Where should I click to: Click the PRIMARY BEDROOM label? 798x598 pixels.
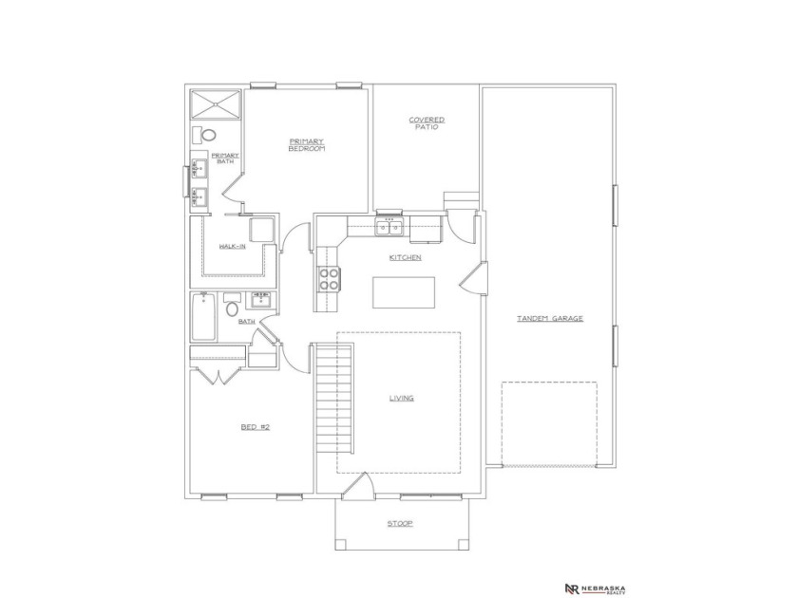pos(307,145)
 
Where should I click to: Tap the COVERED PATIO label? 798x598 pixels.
pos(427,123)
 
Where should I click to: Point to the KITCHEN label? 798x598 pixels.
pos(405,257)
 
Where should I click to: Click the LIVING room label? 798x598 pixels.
pos(401,398)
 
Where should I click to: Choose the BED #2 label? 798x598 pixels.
pos(256,427)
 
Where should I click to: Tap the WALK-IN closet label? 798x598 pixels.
pos(232,246)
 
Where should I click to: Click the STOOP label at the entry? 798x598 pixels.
pos(400,523)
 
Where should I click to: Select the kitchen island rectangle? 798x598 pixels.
pos(404,292)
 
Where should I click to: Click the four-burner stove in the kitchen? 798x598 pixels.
pos(329,279)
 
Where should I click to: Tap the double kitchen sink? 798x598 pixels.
pos(389,227)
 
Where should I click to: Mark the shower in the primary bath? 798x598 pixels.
pos(215,103)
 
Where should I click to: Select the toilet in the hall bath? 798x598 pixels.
pos(231,307)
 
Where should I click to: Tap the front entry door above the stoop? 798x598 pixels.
pos(356,488)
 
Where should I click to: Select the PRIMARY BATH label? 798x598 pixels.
pos(224,158)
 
